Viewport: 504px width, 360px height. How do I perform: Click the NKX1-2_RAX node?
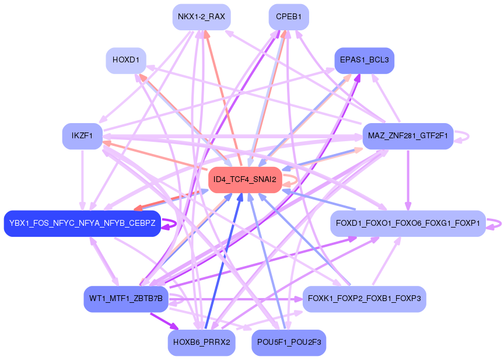(201, 16)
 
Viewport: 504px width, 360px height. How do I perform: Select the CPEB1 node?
(289, 16)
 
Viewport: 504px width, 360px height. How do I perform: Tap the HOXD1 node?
(126, 60)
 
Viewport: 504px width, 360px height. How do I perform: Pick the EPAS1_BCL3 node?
(364, 60)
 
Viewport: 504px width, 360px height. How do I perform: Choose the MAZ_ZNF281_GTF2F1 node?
(408, 136)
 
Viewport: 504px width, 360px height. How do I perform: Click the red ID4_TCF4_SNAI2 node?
(245, 179)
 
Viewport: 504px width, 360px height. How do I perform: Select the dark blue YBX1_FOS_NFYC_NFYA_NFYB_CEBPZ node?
(82, 223)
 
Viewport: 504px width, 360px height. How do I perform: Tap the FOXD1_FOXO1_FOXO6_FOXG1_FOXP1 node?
(408, 223)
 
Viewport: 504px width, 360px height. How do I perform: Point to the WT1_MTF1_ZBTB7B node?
(126, 299)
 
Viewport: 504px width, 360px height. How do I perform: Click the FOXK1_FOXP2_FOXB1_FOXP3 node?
(365, 299)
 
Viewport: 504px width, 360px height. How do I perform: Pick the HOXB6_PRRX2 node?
(201, 342)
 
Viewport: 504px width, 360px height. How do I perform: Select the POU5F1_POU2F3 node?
(289, 342)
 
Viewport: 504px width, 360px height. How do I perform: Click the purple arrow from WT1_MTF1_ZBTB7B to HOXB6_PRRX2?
(164, 321)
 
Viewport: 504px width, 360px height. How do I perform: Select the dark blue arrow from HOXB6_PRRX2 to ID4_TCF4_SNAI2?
(222, 263)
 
